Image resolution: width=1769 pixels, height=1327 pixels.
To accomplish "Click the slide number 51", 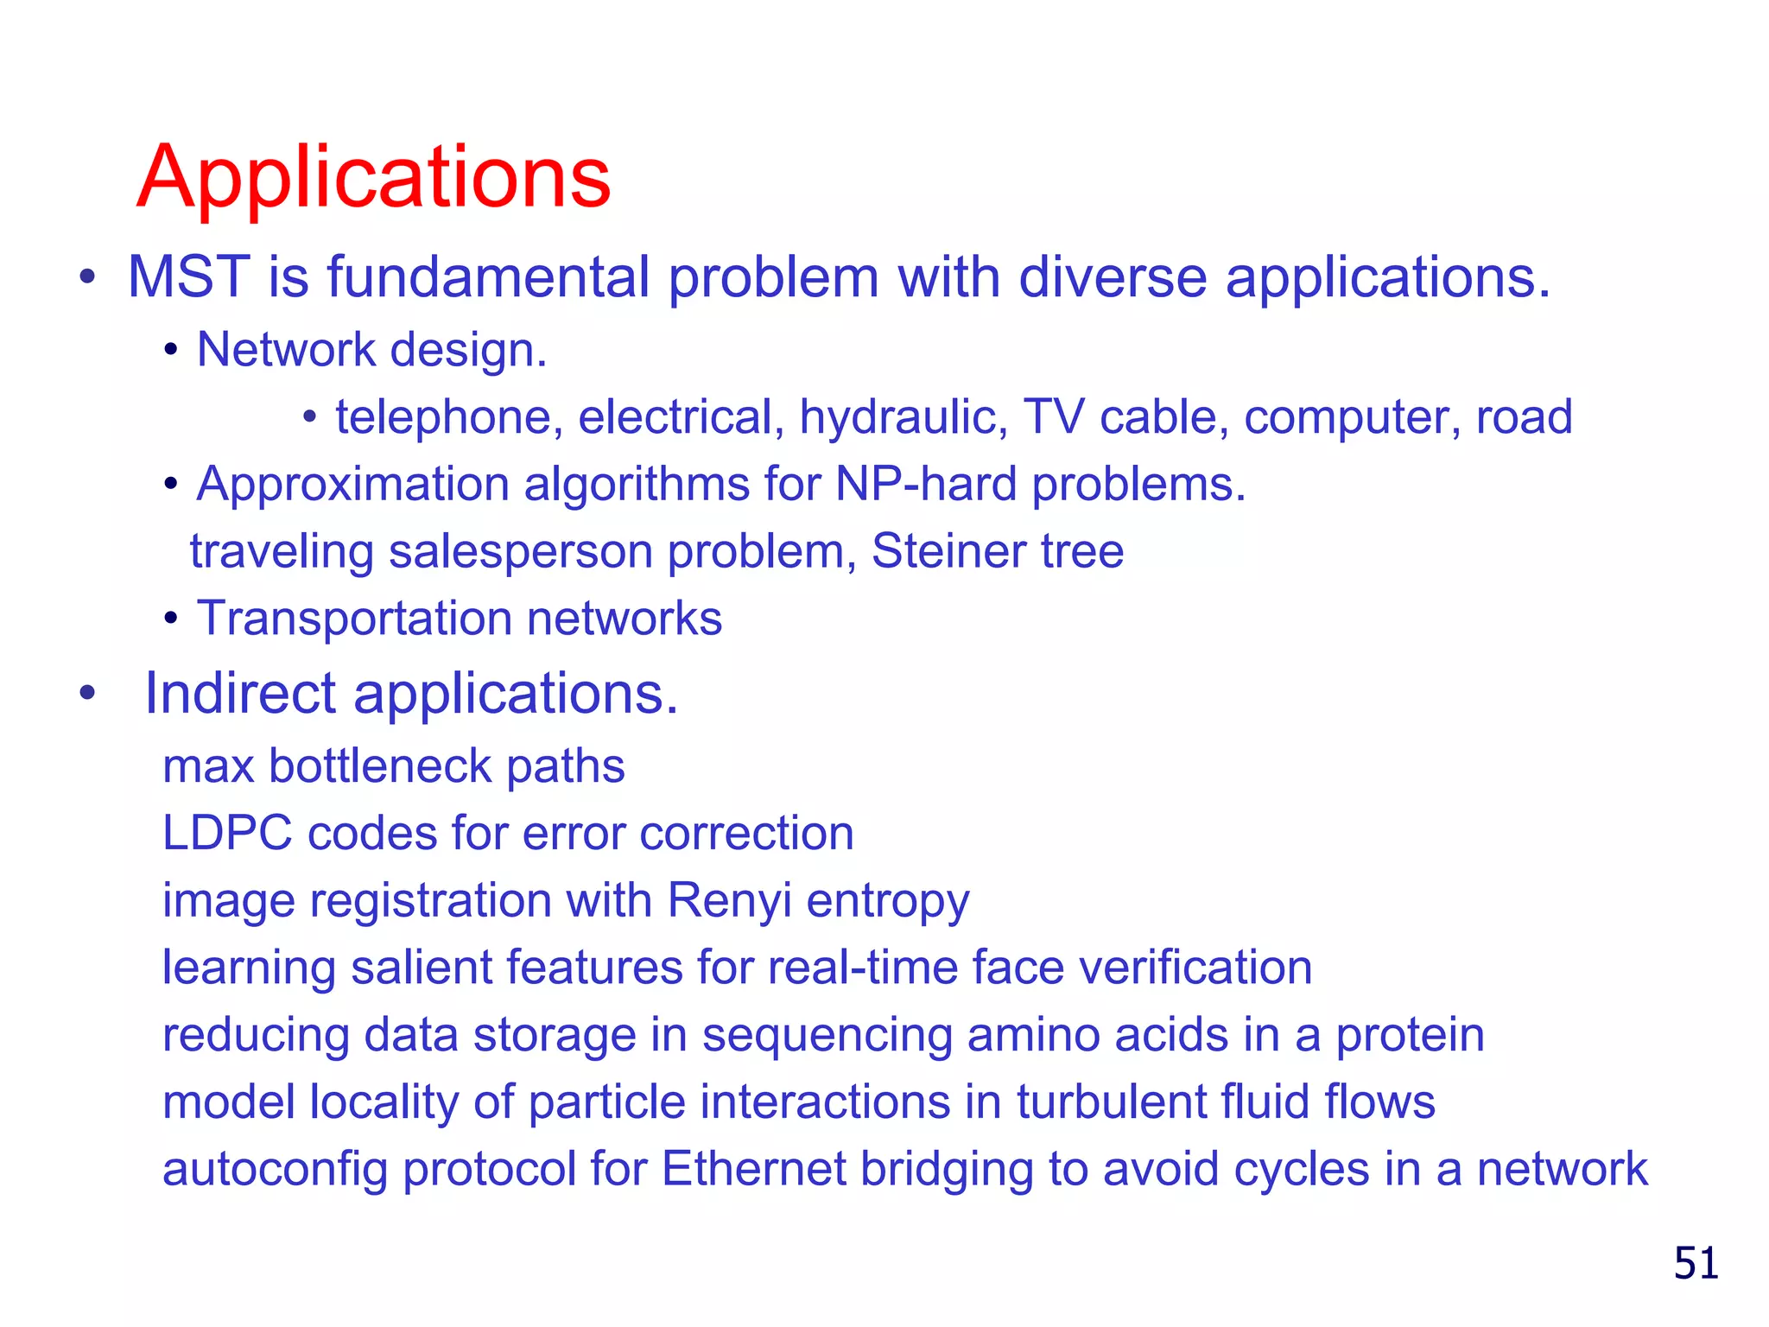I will pos(1696,1263).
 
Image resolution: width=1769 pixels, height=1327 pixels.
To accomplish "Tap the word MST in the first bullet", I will pos(188,277).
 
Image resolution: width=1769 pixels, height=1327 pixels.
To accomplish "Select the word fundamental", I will pos(488,277).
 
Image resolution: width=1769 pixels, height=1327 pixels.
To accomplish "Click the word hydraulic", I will pos(903,417).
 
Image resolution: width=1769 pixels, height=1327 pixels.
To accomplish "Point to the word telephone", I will pos(442,417).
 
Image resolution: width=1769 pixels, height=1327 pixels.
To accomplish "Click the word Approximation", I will pos(352,484).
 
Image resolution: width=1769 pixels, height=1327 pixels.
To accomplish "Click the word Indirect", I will pos(240,693).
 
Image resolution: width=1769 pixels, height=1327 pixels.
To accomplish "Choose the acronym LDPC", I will pos(227,834).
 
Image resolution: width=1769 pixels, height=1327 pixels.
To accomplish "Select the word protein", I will pos(1410,1035).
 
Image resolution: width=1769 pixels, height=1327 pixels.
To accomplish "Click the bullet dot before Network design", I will pos(171,351).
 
